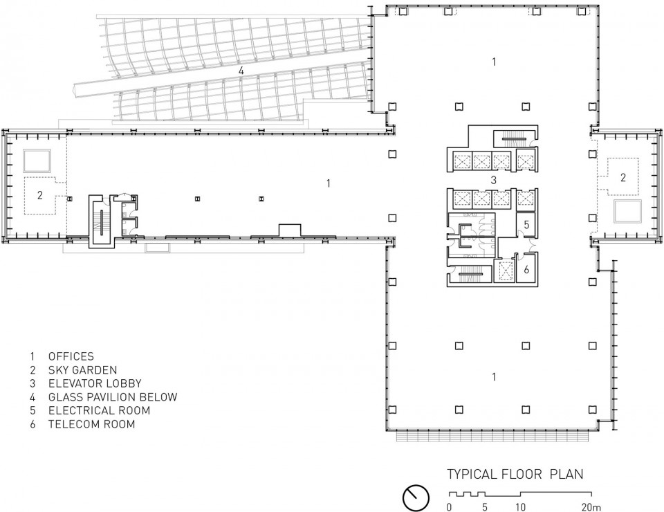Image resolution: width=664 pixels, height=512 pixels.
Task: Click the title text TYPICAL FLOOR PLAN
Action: pos(515,474)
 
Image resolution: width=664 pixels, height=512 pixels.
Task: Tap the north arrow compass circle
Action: pos(416,497)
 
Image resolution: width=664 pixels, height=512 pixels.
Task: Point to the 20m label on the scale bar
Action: pos(591,507)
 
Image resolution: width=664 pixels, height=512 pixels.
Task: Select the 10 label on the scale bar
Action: pos(520,507)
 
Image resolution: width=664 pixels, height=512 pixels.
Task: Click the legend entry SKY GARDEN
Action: pos(82,370)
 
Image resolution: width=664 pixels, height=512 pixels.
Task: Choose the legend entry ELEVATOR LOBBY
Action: pos(95,384)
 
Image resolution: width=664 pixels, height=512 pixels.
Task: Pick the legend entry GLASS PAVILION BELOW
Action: pos(113,397)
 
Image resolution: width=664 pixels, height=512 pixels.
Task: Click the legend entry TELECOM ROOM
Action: pos(91,424)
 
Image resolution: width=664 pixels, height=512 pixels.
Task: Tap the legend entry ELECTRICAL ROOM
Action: pos(99,410)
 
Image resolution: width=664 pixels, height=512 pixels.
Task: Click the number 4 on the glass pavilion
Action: pos(241,71)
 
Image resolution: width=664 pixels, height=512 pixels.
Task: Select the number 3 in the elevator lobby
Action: pos(493,181)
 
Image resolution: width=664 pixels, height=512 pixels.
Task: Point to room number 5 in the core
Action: pos(526,224)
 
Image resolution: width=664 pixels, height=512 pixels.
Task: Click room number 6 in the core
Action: pos(526,269)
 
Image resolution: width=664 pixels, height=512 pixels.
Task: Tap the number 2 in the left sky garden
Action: pos(40,195)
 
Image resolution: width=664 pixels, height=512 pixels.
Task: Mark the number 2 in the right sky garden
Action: pos(622,177)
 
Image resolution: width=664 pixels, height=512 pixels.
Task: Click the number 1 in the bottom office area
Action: pos(494,376)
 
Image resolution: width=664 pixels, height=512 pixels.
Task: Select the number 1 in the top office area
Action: pos(494,62)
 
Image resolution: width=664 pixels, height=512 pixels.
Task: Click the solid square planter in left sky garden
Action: pos(37,161)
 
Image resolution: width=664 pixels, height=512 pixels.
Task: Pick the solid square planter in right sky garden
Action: pos(627,212)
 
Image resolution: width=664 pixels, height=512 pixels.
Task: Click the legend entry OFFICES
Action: pos(71,356)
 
